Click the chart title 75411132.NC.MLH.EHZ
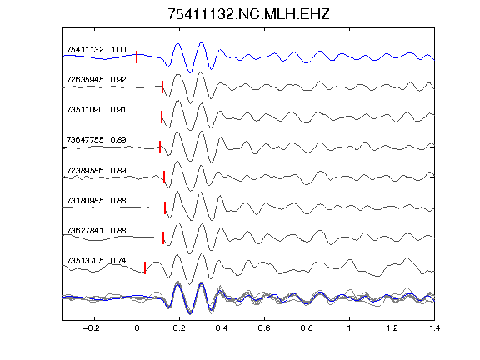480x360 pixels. tap(248, 14)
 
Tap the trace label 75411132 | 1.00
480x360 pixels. tap(96, 50)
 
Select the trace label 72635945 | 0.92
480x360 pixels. tap(96, 80)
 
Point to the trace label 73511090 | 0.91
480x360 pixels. tap(96, 110)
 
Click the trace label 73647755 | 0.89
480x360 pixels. tap(96, 140)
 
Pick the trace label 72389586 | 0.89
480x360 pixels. tap(96, 170)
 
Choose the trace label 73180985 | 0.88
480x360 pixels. tap(96, 201)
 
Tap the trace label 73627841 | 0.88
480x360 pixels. tap(96, 230)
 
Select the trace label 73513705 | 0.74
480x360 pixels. tap(96, 261)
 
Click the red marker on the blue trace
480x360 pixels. tap(137, 57)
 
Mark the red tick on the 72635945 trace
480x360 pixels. tap(162, 87)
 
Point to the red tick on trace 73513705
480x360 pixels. tap(145, 267)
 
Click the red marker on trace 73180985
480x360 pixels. tap(165, 207)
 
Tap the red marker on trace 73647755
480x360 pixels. tap(160, 147)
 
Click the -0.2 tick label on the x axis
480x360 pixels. tap(91, 328)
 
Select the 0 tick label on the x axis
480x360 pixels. tap(137, 328)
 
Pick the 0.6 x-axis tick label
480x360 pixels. tap(264, 328)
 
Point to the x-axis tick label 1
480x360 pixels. tap(349, 328)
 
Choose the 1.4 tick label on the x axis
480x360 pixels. tap(434, 328)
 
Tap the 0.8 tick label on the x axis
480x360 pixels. tap(307, 328)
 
